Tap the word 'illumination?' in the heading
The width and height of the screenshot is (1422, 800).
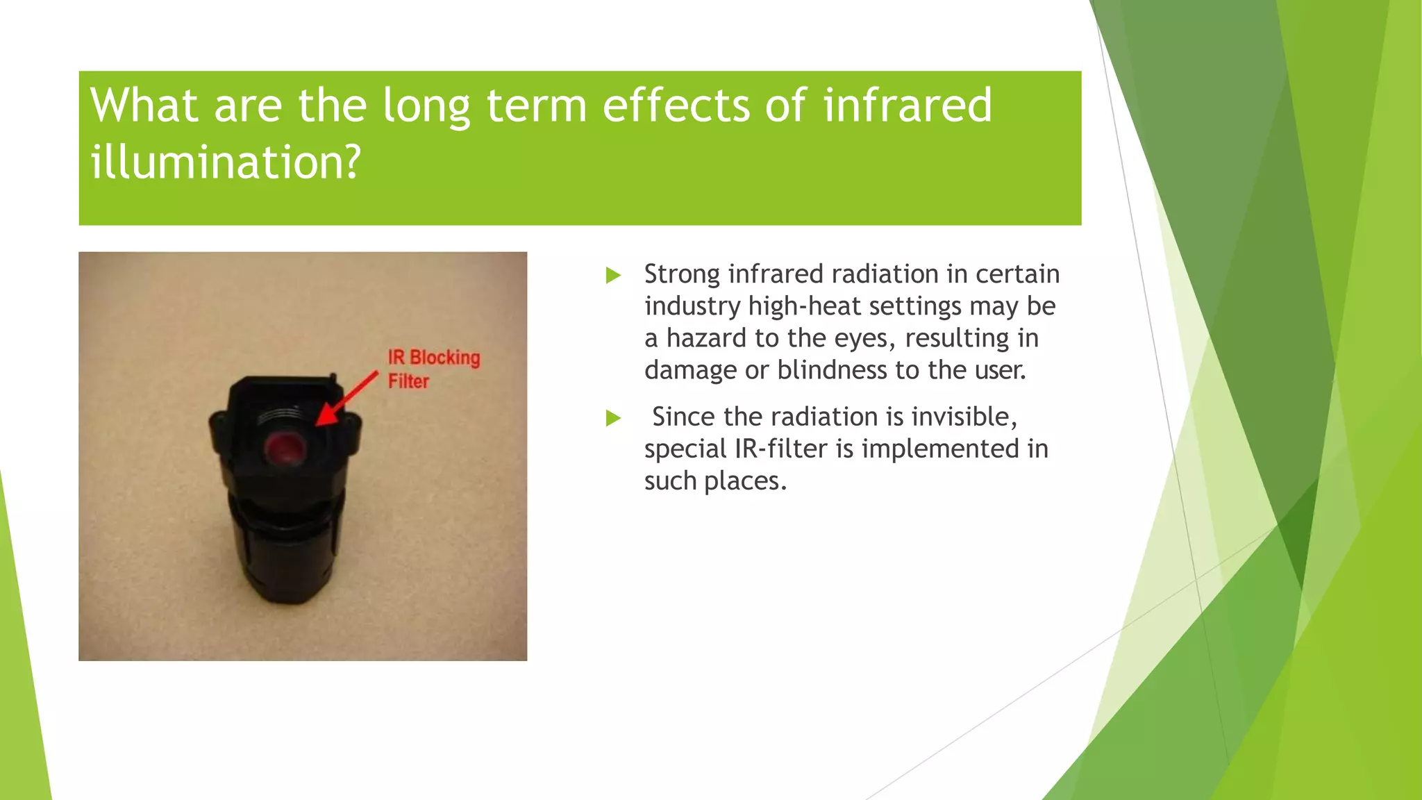click(x=226, y=162)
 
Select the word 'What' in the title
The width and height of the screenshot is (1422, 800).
click(x=144, y=106)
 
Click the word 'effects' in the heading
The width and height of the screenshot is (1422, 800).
click(x=676, y=106)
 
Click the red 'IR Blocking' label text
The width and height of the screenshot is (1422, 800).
click(x=434, y=358)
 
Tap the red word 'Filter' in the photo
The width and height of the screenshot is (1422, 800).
click(x=408, y=381)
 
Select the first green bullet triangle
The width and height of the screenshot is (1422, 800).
click(x=612, y=276)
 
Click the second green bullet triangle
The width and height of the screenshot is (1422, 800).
click(x=612, y=418)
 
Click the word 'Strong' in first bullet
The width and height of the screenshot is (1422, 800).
click(x=682, y=274)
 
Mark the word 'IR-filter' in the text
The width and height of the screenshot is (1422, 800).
click(x=781, y=449)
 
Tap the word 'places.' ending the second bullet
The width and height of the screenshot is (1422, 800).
click(x=745, y=481)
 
